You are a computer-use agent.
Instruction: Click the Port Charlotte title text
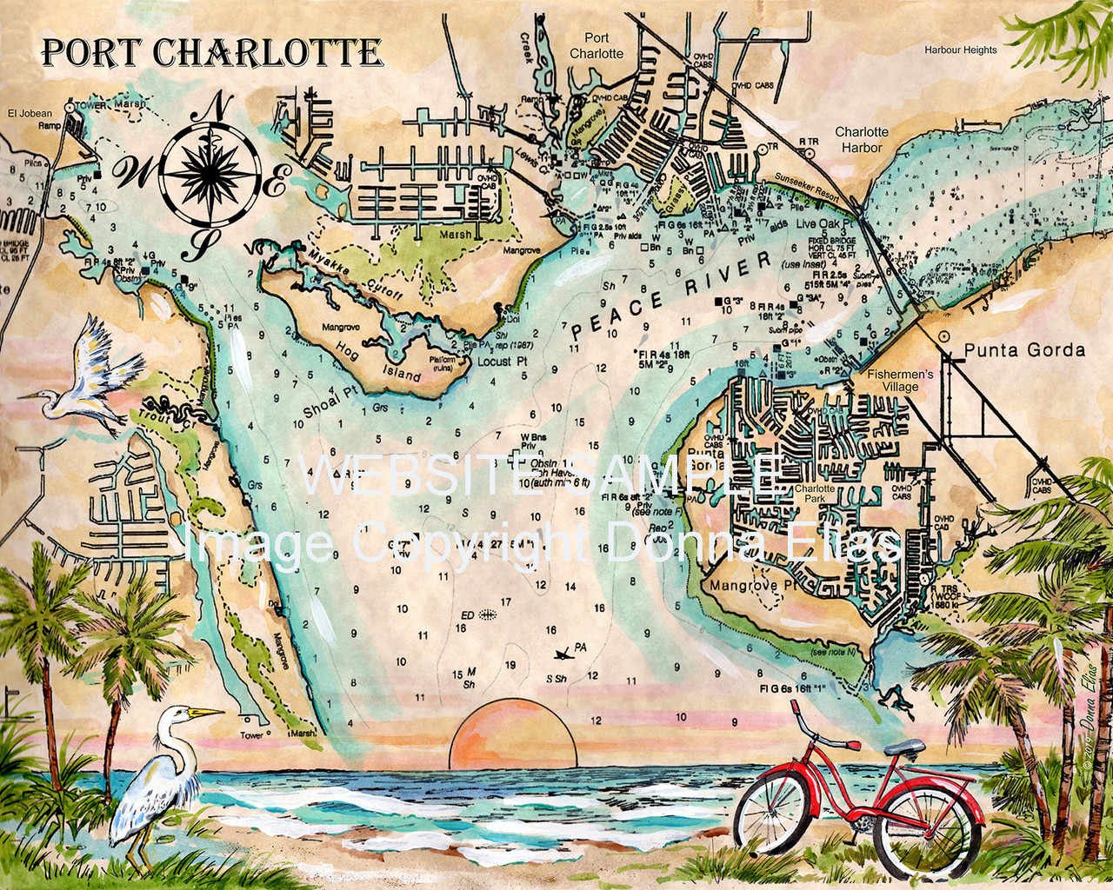(212, 52)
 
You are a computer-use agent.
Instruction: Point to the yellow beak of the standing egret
(207, 714)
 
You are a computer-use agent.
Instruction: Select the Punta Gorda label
(1024, 350)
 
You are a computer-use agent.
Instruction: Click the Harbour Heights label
(960, 50)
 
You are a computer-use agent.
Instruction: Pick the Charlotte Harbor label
(862, 140)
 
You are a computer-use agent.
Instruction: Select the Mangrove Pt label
(753, 586)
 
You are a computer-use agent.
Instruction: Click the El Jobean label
(30, 113)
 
